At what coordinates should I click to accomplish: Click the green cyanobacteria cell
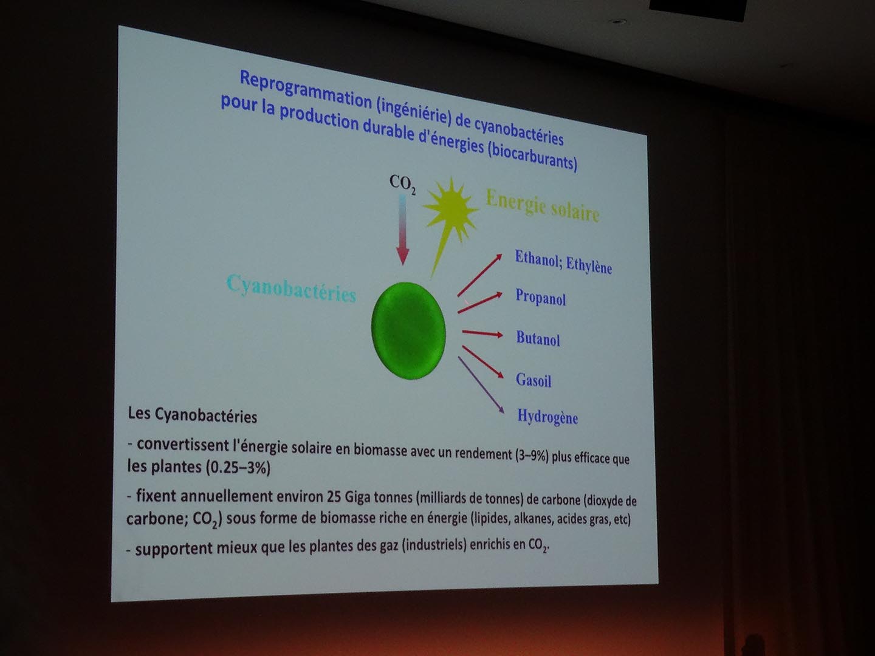[408, 331]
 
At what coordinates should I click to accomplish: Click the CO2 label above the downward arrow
[403, 185]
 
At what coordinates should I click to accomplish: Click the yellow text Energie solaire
[543, 206]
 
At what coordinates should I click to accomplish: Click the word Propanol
[541, 297]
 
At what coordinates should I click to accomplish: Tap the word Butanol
[538, 338]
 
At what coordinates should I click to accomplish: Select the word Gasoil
[534, 380]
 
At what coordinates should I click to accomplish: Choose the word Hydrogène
[547, 417]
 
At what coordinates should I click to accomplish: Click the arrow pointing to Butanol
[482, 333]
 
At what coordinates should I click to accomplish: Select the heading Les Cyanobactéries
[193, 415]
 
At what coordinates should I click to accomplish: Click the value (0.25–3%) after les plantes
[238, 467]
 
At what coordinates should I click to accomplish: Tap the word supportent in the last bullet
[174, 549]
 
